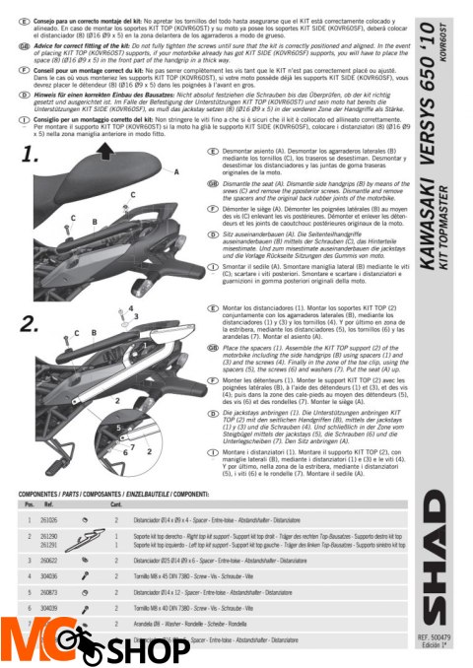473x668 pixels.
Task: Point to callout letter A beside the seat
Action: [x=176, y=170]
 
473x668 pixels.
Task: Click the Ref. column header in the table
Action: [x=47, y=502]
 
